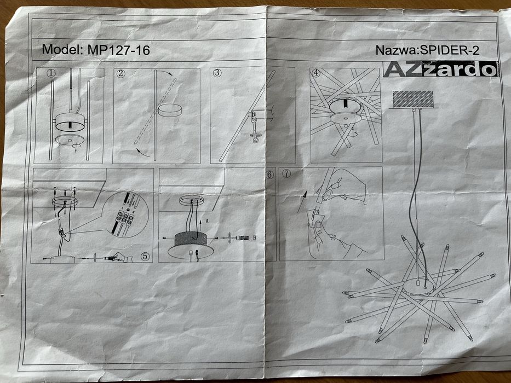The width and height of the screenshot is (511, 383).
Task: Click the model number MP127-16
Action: [x=119, y=50]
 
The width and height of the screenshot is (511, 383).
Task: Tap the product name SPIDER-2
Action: [x=450, y=50]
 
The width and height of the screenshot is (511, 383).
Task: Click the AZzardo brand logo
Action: [x=440, y=69]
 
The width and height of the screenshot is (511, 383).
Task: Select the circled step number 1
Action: [x=51, y=73]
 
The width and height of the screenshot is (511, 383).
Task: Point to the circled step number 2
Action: [x=121, y=73]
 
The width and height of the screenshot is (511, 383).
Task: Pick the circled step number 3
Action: [x=217, y=73]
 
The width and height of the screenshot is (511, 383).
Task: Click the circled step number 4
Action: [x=316, y=73]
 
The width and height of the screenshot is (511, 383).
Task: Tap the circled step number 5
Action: [x=145, y=256]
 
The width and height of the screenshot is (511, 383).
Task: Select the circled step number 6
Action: [x=269, y=175]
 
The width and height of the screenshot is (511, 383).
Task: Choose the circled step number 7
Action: [x=286, y=173]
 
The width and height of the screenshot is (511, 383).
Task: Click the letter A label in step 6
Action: [x=207, y=222]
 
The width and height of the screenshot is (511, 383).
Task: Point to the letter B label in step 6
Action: [x=255, y=238]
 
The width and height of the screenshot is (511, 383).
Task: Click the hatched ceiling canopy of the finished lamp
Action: [x=413, y=100]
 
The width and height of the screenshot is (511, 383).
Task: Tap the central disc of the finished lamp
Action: [x=418, y=286]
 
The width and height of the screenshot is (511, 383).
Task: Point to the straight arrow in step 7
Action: [x=302, y=201]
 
